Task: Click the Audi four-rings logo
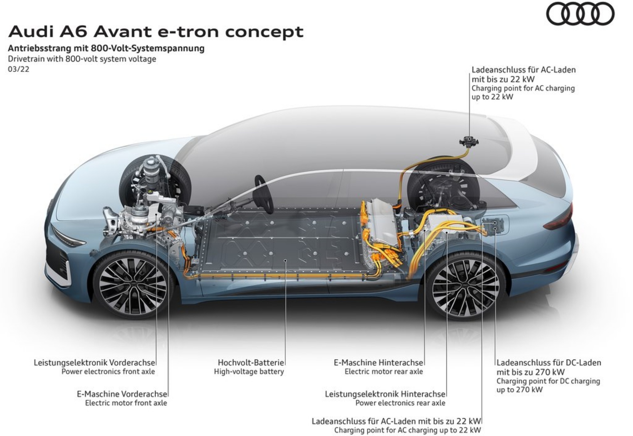pos(580,14)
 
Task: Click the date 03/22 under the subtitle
pos(19,69)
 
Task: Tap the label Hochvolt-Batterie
pos(251,362)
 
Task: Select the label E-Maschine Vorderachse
pos(122,394)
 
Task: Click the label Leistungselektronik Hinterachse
pos(385,394)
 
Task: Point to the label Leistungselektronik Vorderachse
pos(94,362)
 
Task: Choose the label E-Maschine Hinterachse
pos(378,362)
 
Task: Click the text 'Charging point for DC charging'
pos(548,381)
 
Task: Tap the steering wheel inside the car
pos(264,195)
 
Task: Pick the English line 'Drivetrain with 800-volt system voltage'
pos(82,59)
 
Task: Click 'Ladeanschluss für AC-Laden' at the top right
pos(523,70)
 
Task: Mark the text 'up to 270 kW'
pos(519,389)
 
